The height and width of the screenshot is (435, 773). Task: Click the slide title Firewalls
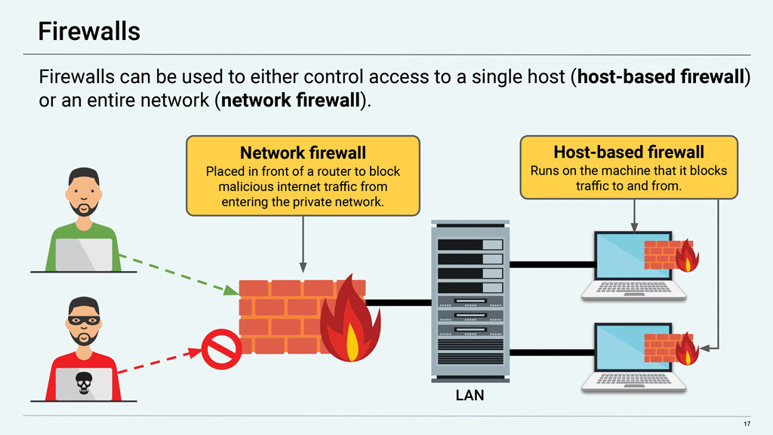pyautogui.click(x=89, y=31)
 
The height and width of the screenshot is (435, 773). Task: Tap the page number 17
pyautogui.click(x=747, y=422)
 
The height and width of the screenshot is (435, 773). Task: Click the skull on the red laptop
pyautogui.click(x=84, y=386)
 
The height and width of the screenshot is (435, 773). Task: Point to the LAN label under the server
pyautogui.click(x=470, y=395)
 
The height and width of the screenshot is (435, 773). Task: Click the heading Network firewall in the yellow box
pyautogui.click(x=303, y=153)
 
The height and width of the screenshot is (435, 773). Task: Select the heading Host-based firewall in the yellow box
pyautogui.click(x=628, y=153)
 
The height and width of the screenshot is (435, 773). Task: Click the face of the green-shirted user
pyautogui.click(x=83, y=193)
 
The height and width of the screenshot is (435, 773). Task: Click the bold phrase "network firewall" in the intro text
pyautogui.click(x=289, y=100)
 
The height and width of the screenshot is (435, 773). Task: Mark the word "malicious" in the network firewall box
pyautogui.click(x=250, y=187)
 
